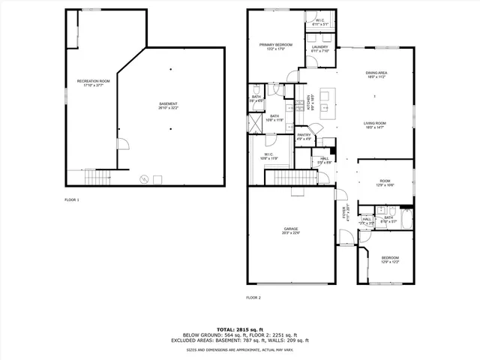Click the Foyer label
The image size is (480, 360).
346,212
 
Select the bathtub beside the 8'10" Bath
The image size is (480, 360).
405,219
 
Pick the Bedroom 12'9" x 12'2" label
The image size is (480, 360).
385,259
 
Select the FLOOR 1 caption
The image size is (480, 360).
72,199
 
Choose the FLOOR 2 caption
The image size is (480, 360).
253,298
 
